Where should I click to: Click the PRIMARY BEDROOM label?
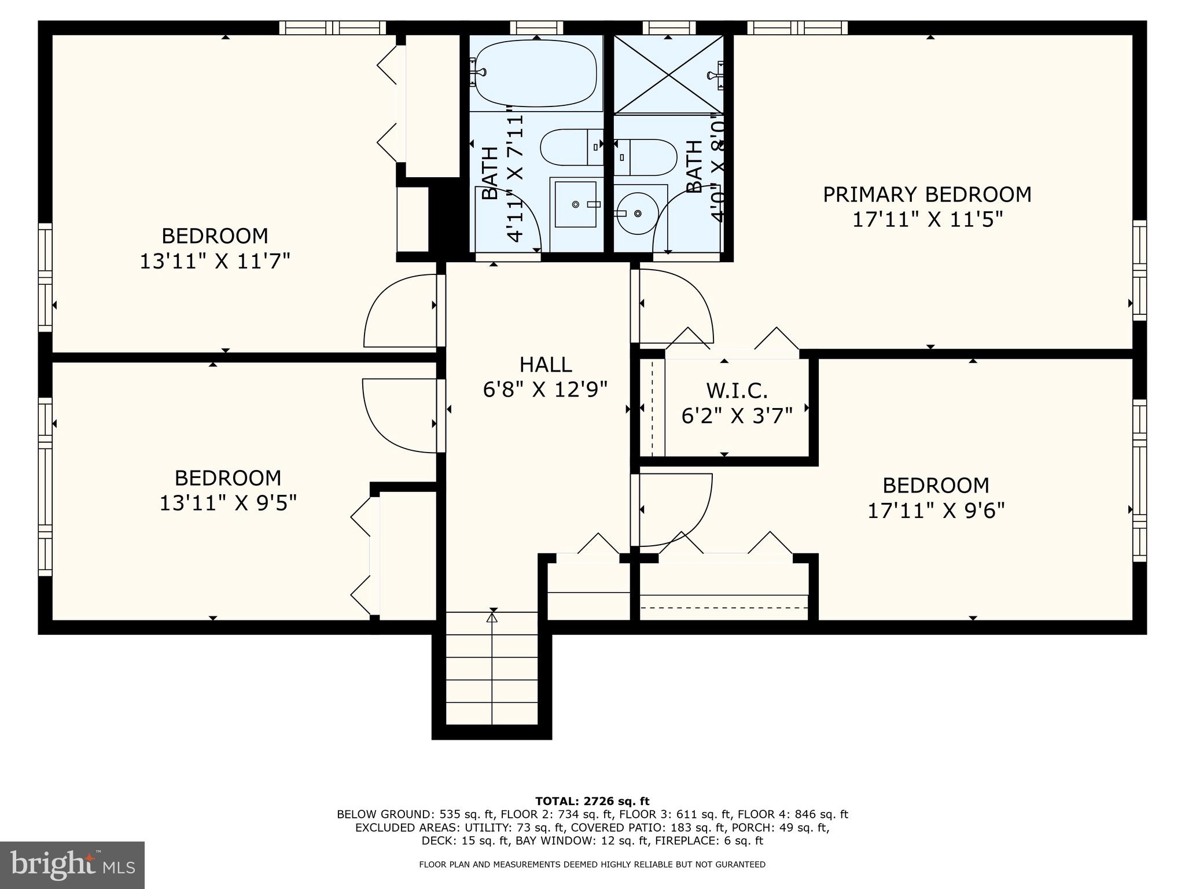pyautogui.click(x=927, y=194)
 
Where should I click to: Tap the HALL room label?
pyautogui.click(x=546, y=365)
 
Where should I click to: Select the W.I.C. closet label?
pyautogui.click(x=737, y=391)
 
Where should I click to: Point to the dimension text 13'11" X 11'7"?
pyautogui.click(x=215, y=262)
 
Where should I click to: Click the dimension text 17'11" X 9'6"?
pyautogui.click(x=936, y=511)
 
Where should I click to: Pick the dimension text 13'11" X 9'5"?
pyautogui.click(x=228, y=503)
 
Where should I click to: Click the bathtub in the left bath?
pyautogui.click(x=535, y=73)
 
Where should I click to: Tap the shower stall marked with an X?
pyautogui.click(x=668, y=75)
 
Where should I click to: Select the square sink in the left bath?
pyautogui.click(x=575, y=204)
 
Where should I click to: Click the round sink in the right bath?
pyautogui.click(x=636, y=214)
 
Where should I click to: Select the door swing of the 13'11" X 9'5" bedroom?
pyautogui.click(x=399, y=416)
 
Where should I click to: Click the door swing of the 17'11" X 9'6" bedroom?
pyautogui.click(x=674, y=509)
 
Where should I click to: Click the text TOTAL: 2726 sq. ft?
pyautogui.click(x=592, y=801)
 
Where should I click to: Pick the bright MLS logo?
pyautogui.click(x=72, y=865)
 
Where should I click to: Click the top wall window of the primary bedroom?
pyautogui.click(x=797, y=27)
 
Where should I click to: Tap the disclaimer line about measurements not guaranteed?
pyautogui.click(x=592, y=865)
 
